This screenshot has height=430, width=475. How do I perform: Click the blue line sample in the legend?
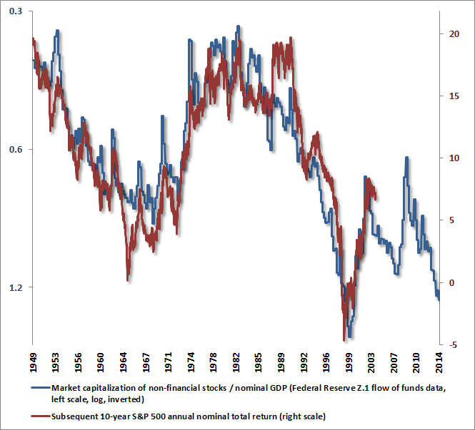[41, 388]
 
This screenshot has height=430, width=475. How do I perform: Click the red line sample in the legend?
[41, 415]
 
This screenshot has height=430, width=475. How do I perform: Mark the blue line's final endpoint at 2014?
[439, 300]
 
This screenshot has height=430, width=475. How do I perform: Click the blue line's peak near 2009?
[406, 158]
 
